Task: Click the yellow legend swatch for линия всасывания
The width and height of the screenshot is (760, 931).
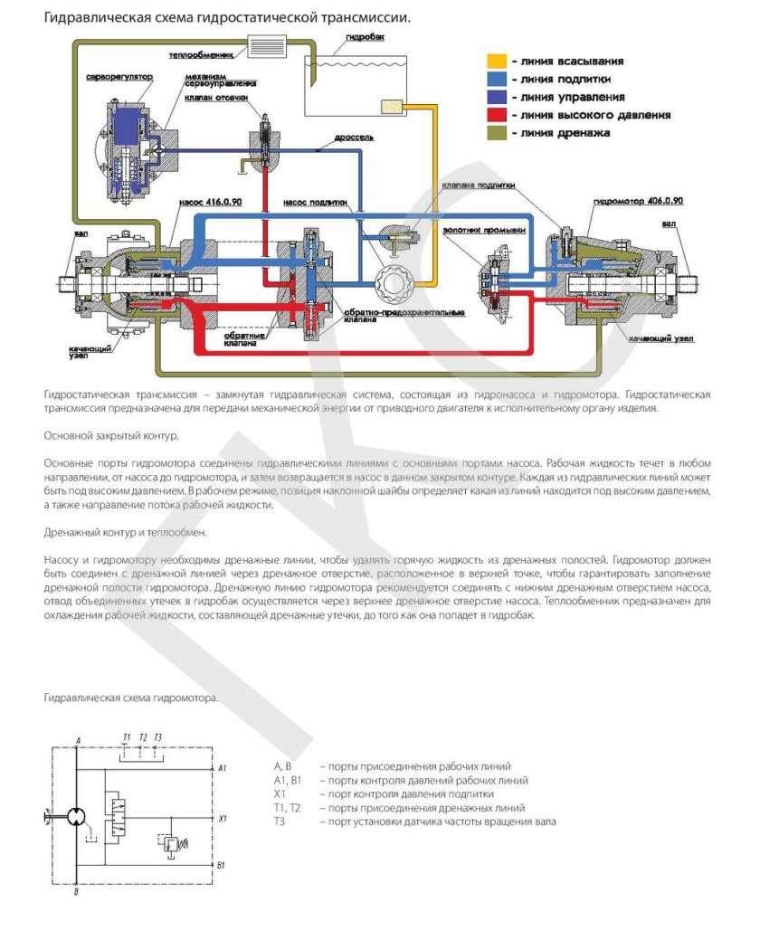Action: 497,62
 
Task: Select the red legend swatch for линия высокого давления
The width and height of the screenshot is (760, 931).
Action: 497,115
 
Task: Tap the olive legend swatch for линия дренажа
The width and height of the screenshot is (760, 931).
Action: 497,133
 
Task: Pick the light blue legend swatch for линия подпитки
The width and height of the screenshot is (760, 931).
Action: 497,80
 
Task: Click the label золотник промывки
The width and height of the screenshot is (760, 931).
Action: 484,230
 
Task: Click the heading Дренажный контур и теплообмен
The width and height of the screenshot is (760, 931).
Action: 126,532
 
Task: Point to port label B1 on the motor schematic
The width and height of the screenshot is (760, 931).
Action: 223,866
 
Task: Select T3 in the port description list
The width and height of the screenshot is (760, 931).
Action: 280,822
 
